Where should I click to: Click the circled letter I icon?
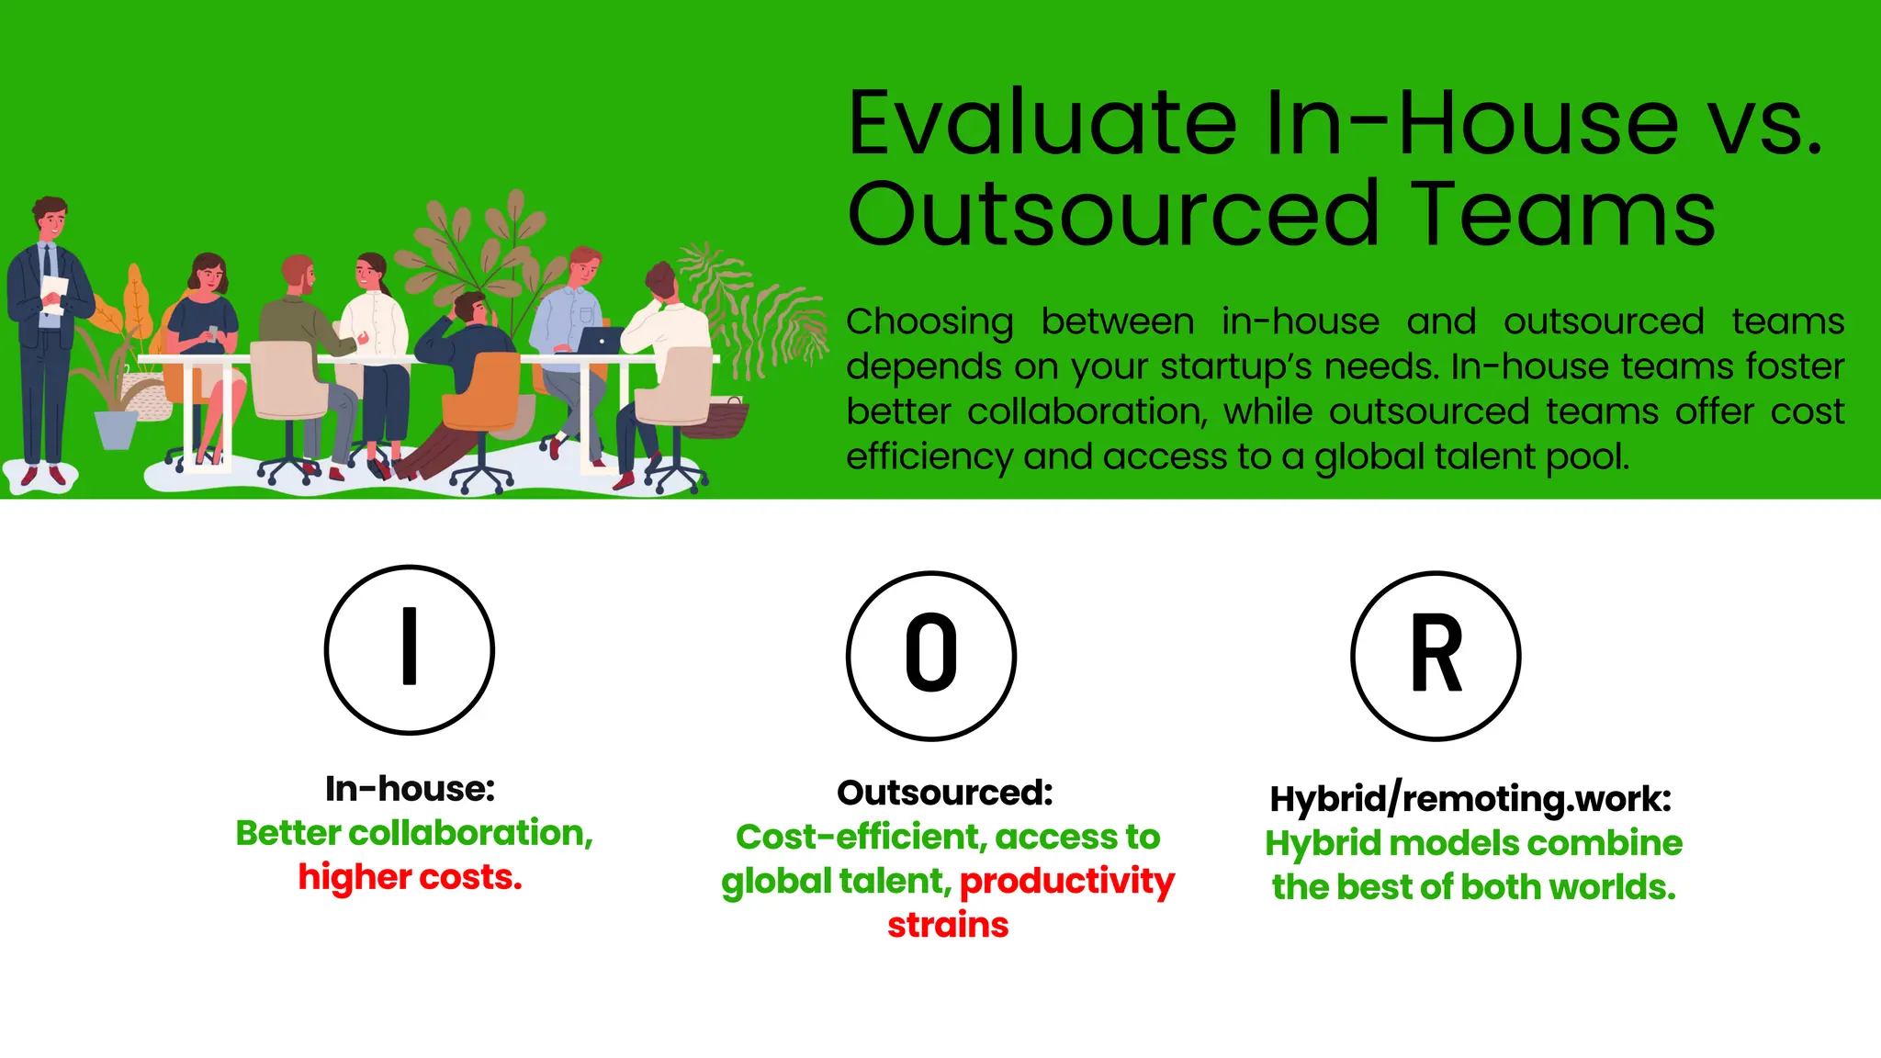click(x=410, y=649)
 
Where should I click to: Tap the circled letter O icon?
click(x=930, y=655)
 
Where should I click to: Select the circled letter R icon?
click(x=1436, y=655)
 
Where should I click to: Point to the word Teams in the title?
click(x=1560, y=215)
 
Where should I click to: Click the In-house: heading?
click(x=410, y=789)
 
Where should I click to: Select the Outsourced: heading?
click(x=945, y=793)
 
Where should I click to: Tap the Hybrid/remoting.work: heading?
click(x=1470, y=798)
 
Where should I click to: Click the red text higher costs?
click(x=410, y=877)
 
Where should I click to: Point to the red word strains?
click(x=948, y=925)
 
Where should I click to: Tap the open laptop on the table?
click(x=599, y=340)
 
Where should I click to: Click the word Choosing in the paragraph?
click(x=929, y=321)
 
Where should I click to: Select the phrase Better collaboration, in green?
click(x=414, y=833)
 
